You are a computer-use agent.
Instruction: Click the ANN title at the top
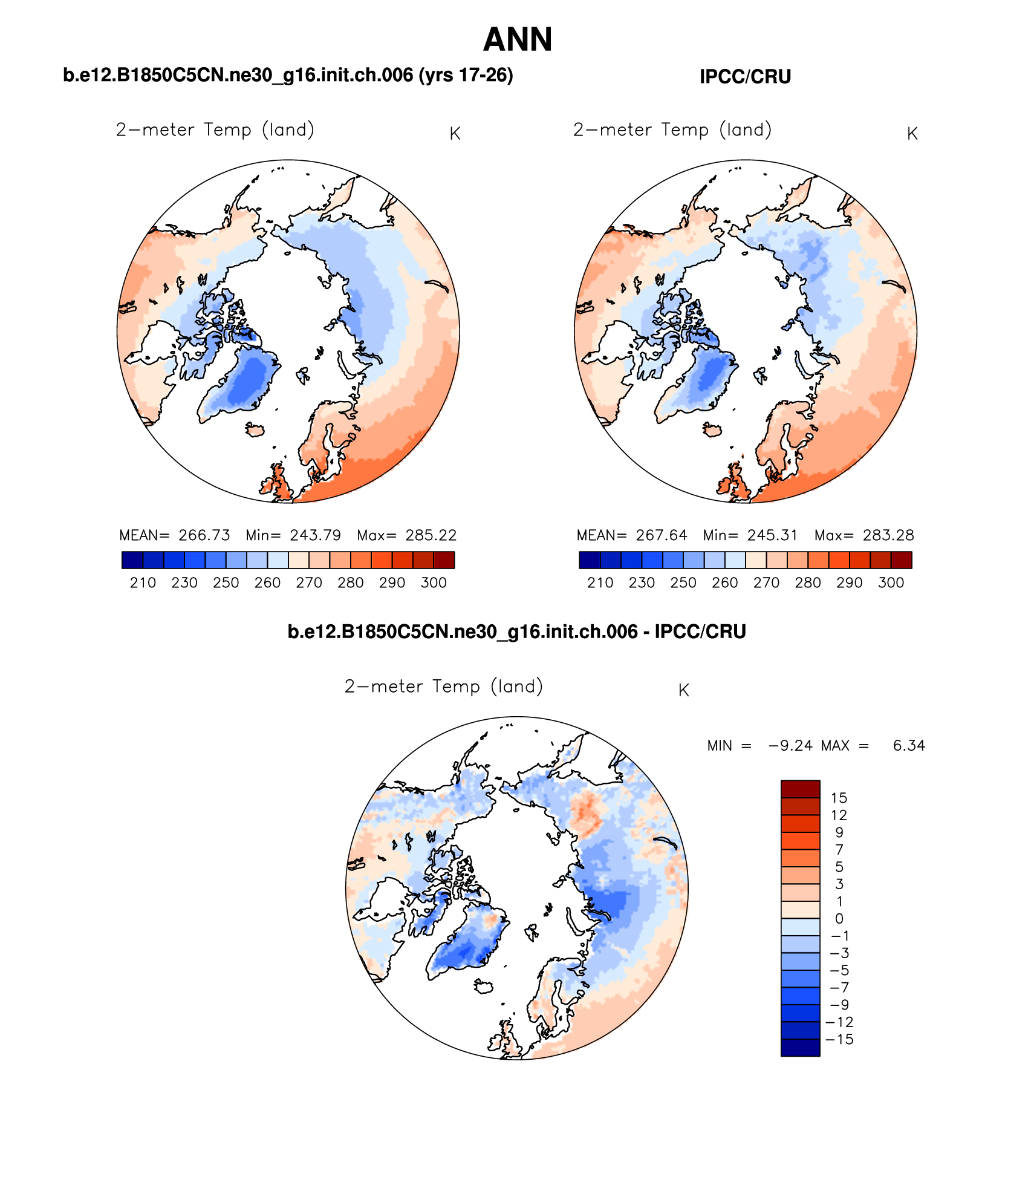(x=518, y=40)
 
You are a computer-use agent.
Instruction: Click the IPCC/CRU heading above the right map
(x=745, y=77)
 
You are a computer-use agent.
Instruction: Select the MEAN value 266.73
(x=204, y=535)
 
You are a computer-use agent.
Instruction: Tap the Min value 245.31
(x=772, y=535)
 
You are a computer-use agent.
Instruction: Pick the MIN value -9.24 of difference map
(x=790, y=746)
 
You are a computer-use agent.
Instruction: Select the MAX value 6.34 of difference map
(x=909, y=746)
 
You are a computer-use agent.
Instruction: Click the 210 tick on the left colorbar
(x=143, y=583)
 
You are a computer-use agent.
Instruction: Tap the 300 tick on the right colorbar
(x=891, y=583)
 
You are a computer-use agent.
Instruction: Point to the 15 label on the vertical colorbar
(x=839, y=798)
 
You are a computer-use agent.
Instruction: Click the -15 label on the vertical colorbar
(x=839, y=1039)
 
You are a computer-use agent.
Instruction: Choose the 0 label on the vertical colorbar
(x=839, y=918)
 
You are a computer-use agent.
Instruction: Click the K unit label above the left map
(x=455, y=134)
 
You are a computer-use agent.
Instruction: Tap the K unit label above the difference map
(x=684, y=691)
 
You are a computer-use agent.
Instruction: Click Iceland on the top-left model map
(x=255, y=430)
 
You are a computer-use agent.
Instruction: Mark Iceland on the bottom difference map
(x=484, y=987)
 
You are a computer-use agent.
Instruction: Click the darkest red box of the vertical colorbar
(x=800, y=789)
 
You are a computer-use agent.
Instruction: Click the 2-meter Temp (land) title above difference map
(x=444, y=687)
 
